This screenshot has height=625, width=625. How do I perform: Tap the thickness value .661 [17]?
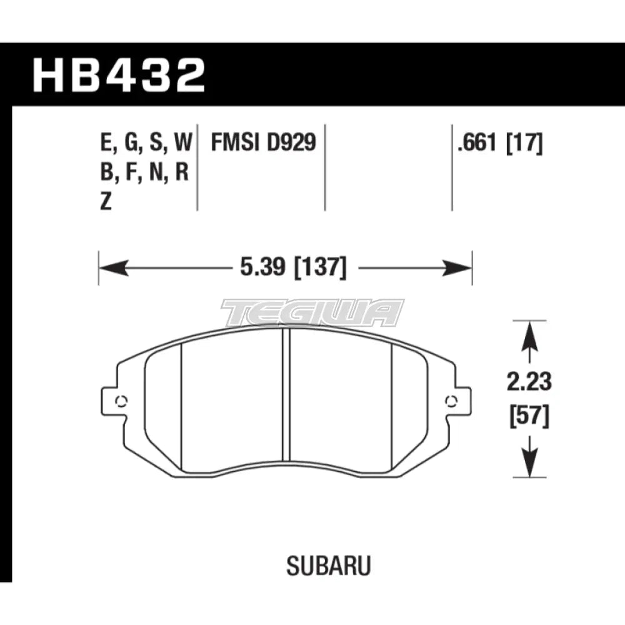(x=500, y=144)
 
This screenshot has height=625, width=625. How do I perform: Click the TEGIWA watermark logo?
(x=313, y=312)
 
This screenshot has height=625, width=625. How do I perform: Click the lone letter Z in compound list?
(x=106, y=202)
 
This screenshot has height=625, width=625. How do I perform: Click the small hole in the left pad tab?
(x=121, y=401)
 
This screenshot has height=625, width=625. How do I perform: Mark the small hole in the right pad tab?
(x=450, y=401)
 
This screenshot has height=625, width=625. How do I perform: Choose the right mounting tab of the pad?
(x=459, y=401)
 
